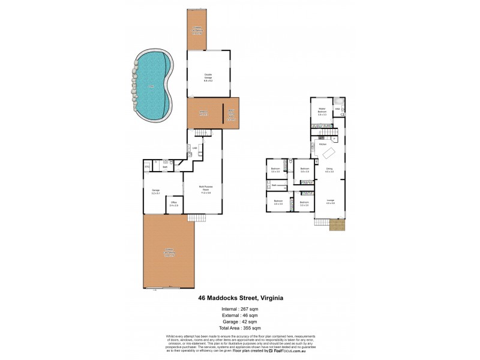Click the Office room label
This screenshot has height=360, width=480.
173,204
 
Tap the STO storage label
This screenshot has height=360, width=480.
147,167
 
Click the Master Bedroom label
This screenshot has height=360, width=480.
322,110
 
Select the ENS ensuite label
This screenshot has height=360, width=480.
337,109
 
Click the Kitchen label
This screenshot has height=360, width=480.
322,145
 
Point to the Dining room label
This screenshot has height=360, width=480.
329,170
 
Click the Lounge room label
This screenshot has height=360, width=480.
331,202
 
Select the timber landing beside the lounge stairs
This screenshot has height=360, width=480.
338,226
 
